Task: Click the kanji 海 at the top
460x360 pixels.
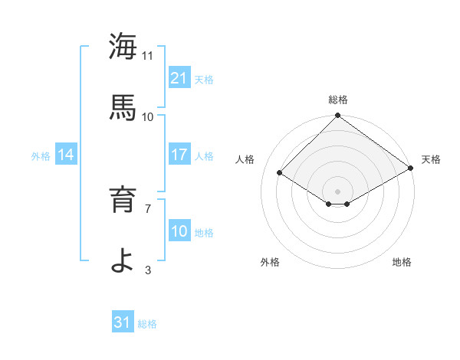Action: coord(123,47)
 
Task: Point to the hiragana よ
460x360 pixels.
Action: coord(123,260)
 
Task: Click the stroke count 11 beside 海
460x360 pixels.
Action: coord(148,55)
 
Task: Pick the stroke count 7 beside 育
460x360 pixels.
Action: coord(148,208)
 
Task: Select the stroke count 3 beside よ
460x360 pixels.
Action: coord(148,269)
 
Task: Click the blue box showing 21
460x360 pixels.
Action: coord(179,78)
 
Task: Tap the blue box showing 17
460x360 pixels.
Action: coord(179,155)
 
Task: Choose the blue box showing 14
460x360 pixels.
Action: coord(66,155)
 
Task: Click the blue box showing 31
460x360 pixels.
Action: coord(123,322)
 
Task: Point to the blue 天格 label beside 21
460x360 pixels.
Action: coord(204,79)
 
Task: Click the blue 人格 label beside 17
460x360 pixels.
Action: coord(204,155)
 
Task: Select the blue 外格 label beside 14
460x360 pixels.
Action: coord(41,155)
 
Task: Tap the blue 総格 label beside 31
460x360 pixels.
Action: coord(148,323)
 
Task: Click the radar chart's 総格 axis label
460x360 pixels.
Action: coord(337,100)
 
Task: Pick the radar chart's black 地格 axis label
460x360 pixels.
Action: coord(402,262)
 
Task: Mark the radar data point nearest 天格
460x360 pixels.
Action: coord(411,169)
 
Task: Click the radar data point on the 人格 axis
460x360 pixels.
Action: coord(280,173)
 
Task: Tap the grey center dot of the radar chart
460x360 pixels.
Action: coord(337,191)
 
